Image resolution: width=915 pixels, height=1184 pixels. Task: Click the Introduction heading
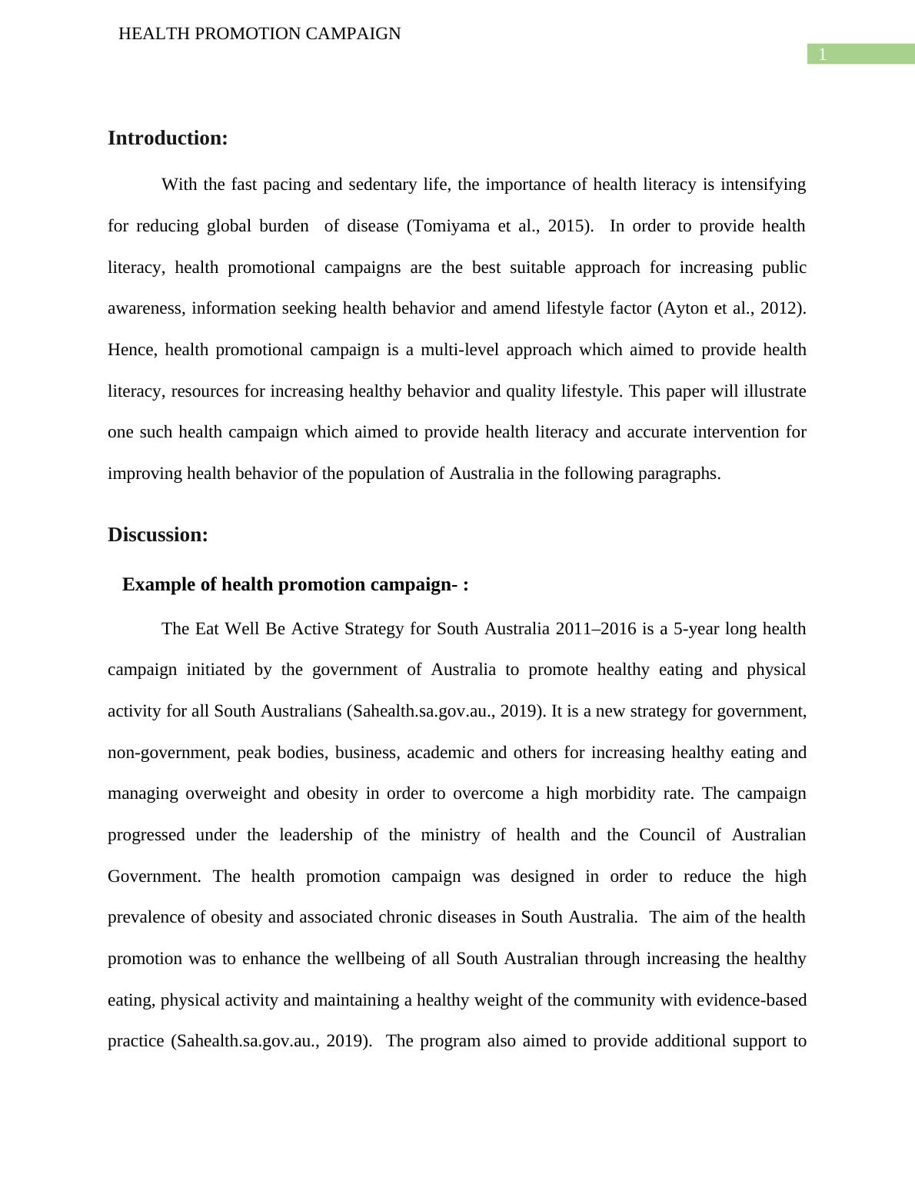click(168, 138)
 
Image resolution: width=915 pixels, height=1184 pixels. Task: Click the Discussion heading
click(158, 535)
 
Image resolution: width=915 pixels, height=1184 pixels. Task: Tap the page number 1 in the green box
click(822, 55)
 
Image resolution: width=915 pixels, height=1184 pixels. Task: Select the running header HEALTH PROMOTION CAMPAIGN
click(259, 34)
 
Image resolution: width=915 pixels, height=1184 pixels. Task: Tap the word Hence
click(132, 350)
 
